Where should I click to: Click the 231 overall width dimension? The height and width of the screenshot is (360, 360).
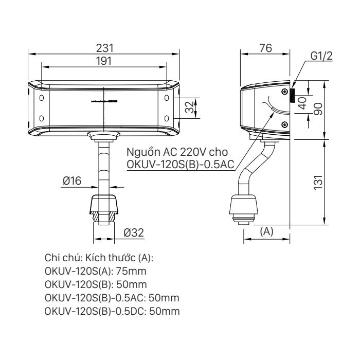pos(105,47)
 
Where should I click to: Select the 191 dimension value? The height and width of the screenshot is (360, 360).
pos(105,60)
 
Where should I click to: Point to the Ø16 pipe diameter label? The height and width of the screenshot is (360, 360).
pos(73,181)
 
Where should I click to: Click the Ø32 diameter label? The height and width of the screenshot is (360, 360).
pos(133,233)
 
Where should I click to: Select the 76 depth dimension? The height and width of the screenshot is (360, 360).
pos(265,48)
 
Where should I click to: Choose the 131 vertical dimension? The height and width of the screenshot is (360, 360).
pos(318,182)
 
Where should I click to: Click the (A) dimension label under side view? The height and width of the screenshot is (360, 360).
pos(266,232)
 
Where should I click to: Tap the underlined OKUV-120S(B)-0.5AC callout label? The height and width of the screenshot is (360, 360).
pos(181,165)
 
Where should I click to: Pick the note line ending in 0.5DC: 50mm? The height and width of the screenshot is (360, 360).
pos(112,312)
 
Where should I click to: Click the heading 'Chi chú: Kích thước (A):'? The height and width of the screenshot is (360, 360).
pos(99,257)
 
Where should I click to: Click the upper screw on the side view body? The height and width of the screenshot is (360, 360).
pos(284,92)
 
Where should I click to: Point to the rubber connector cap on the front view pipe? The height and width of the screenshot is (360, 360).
pos(105,204)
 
